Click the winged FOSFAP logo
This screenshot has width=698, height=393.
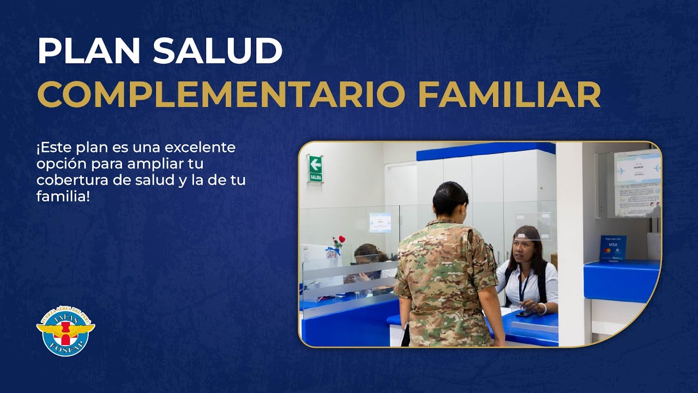pos(65,331)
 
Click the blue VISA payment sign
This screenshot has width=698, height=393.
pos(613,248)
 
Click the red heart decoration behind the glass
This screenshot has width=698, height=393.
pos(342,239)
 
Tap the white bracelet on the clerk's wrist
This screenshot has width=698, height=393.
pos(543,309)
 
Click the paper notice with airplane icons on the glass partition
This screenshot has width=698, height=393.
pos(380,223)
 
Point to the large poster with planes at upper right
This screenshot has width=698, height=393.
pos(636,183)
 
